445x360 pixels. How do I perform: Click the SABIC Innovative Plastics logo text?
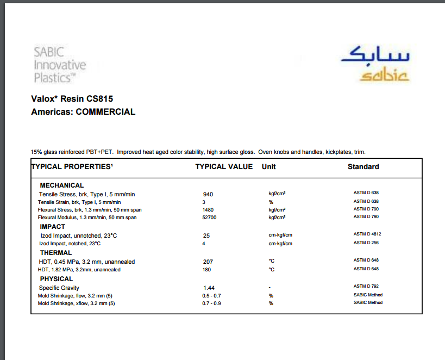pos(60,65)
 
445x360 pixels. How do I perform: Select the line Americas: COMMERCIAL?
pos(83,112)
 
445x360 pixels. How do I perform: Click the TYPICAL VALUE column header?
pos(224,166)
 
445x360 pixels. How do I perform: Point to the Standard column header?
pos(363,166)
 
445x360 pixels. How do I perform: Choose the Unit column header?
pos(268,166)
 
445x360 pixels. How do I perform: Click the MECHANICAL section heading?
pos(62,185)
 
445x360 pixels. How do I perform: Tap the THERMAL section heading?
pos(55,253)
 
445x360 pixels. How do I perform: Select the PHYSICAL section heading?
pos(57,279)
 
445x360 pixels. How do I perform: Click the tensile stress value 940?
pos(208,194)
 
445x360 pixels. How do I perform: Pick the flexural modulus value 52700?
pos(210,217)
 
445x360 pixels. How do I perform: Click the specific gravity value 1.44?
pos(209,288)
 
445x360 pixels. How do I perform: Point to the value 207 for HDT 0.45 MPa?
pos(208,262)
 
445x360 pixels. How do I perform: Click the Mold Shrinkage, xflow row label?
pos(76,303)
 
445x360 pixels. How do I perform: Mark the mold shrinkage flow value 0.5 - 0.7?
pos(211,295)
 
